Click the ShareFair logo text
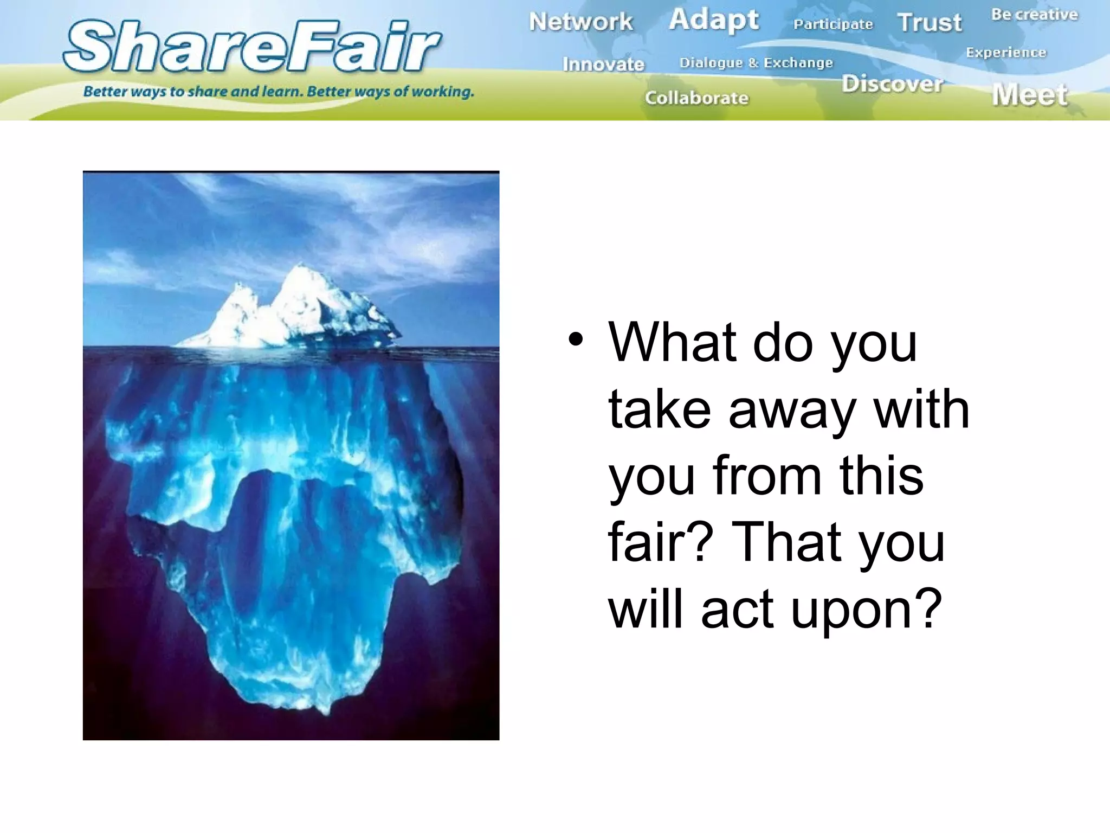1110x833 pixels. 252,47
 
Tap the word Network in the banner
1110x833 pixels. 580,22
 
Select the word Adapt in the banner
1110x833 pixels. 713,21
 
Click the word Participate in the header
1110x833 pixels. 833,24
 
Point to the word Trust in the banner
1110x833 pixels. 929,23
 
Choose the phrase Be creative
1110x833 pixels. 1034,15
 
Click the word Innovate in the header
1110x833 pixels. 603,65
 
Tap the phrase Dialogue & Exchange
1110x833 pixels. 756,63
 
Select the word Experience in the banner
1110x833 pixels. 1006,53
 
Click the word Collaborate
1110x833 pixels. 696,98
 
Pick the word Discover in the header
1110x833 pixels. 892,84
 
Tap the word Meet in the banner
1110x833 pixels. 1030,95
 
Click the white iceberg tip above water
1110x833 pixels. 295,309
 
